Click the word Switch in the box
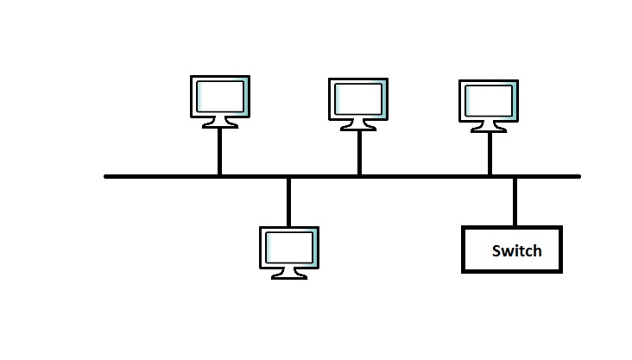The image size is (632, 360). pos(516,251)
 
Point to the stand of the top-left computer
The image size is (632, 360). pos(219,123)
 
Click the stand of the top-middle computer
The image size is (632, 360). pos(358,125)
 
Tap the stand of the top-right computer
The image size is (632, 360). pos(489,127)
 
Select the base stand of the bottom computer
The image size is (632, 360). pos(288,275)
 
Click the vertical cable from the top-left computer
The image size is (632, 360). pos(219,151)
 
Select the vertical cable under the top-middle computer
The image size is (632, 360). pos(359,153)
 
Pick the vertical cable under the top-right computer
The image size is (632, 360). pos(490,154)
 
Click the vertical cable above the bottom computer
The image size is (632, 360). pos(288,202)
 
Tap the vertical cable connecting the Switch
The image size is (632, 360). pos(515,201)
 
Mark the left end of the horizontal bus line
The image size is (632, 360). pos(107,176)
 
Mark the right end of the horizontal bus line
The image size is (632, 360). pos(578,176)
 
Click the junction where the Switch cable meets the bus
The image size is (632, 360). pos(515,176)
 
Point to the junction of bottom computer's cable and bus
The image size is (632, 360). pos(288,176)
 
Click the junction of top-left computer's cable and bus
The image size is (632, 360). pos(219,176)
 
